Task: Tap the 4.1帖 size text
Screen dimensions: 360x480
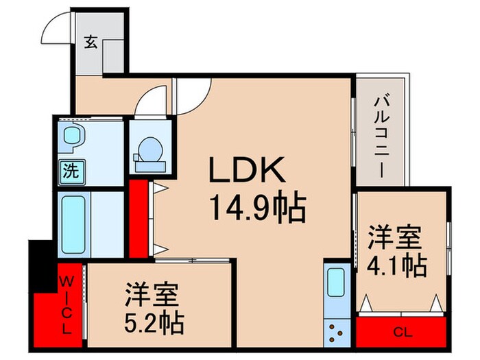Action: [x=398, y=265]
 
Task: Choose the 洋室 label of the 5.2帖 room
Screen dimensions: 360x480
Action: [x=153, y=296]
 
